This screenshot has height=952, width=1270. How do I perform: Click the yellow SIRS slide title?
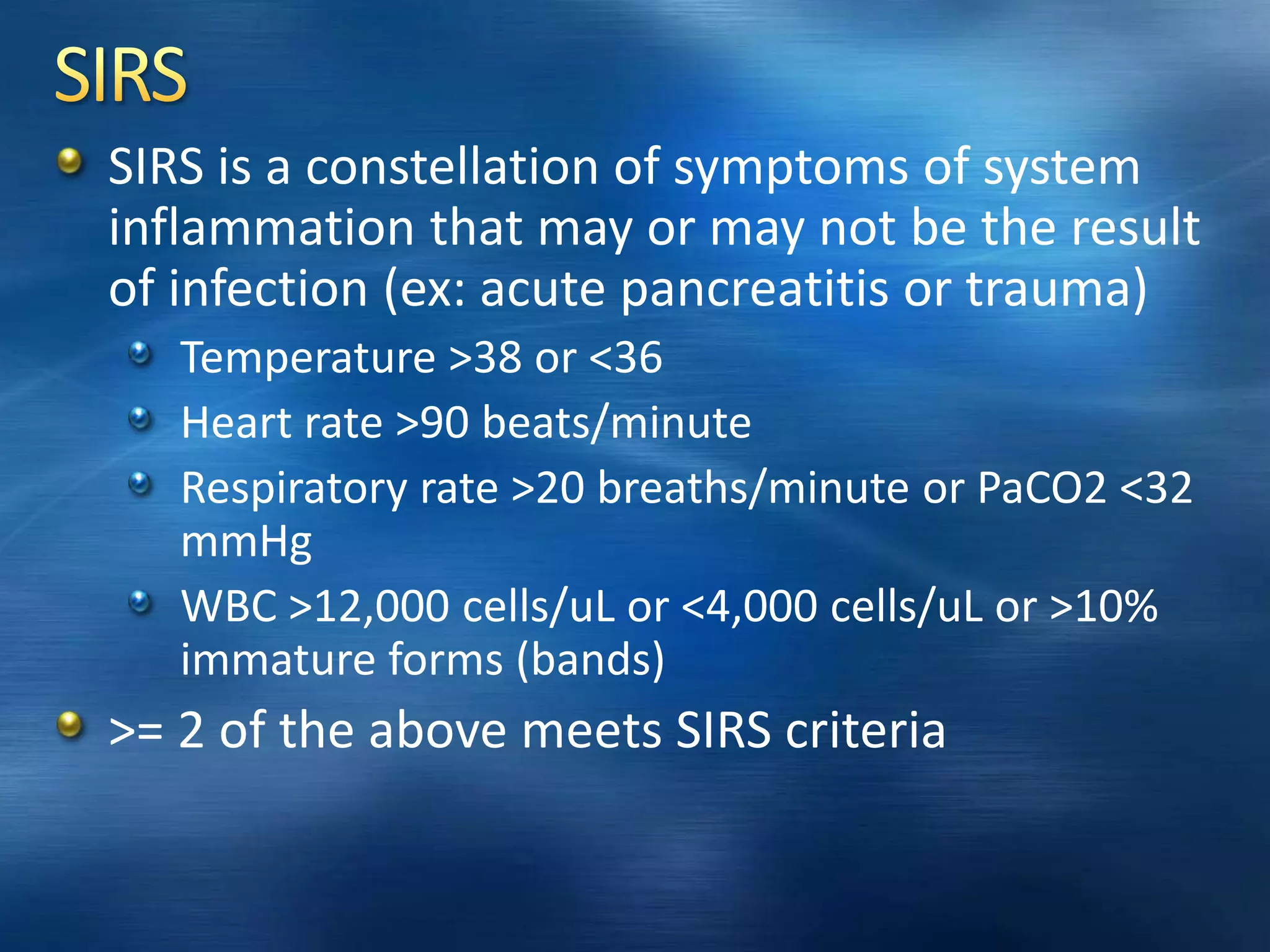(120, 75)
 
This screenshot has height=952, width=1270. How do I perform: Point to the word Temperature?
(308, 358)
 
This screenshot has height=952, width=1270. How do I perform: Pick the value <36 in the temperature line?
(626, 358)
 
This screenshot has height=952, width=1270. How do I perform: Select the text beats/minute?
(616, 423)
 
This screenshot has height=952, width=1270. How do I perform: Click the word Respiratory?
(293, 488)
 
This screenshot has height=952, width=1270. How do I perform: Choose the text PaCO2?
(1042, 488)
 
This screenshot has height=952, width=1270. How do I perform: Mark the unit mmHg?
(246, 541)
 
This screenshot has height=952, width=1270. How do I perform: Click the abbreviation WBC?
(229, 606)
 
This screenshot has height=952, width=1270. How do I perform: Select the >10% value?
(1103, 606)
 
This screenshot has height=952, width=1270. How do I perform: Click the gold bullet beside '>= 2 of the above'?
(69, 725)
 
